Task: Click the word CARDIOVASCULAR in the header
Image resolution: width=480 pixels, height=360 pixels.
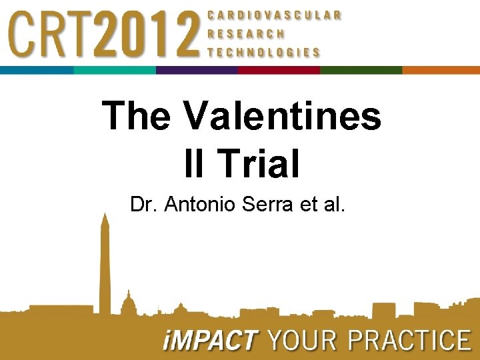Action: tap(274, 14)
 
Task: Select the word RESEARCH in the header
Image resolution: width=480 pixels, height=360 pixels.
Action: tap(246, 33)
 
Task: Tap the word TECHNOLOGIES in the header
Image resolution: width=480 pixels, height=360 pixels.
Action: tap(263, 52)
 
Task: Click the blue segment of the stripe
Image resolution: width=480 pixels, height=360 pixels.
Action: tap(37, 70)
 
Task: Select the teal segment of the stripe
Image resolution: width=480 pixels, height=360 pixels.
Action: tap(115, 70)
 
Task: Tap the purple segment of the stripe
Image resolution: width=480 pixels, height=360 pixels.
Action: tap(197, 70)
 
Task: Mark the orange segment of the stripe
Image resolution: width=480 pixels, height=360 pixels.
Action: tap(441, 70)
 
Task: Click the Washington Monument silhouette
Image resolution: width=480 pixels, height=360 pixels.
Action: tap(105, 267)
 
